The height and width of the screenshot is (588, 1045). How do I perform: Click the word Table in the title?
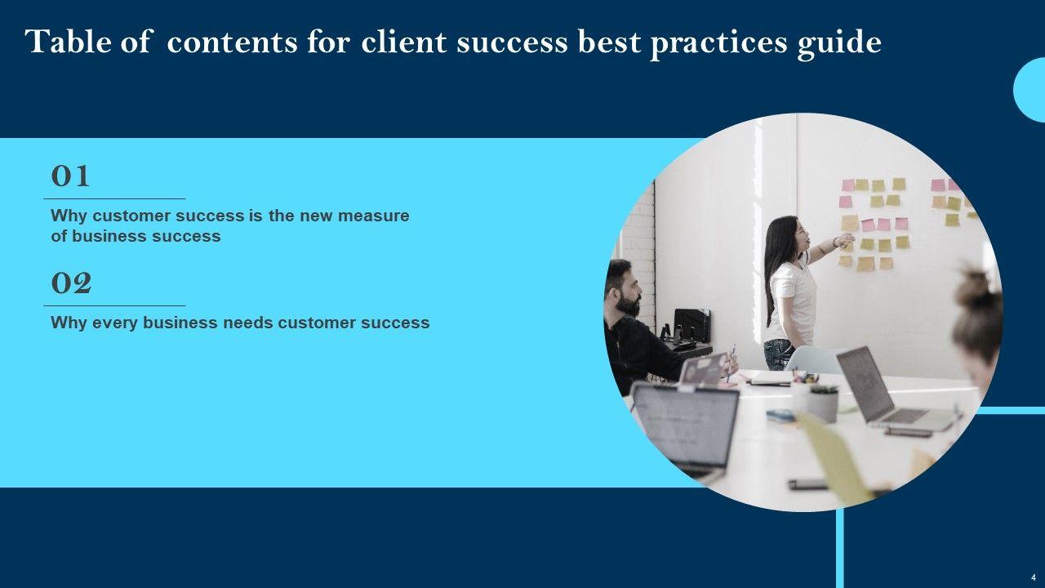click(x=69, y=41)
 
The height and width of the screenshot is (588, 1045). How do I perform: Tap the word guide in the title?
click(x=840, y=44)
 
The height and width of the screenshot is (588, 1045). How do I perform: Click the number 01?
click(x=70, y=176)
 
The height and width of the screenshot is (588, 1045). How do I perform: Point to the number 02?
click(x=71, y=283)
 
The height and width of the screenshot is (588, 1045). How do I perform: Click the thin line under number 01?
click(x=114, y=198)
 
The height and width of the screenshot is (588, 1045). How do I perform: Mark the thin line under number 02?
click(x=114, y=305)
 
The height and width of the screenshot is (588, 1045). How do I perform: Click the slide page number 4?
click(x=1034, y=577)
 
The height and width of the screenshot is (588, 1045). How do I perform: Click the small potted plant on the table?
click(x=822, y=403)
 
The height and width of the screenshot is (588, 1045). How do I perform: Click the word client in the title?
click(x=403, y=41)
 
